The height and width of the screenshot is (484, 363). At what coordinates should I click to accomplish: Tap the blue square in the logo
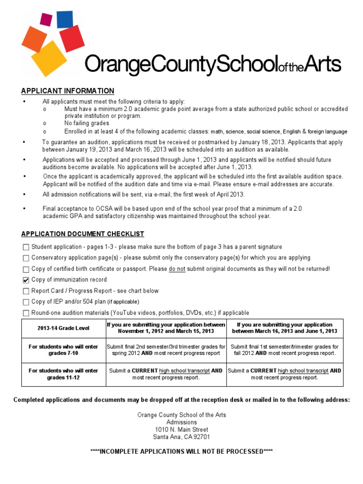tap(65, 19)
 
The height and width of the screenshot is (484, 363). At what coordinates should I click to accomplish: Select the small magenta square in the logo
tap(46, 19)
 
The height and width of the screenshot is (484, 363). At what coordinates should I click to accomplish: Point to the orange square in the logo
tap(34, 39)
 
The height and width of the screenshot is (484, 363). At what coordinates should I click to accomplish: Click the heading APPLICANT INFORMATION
tap(68, 91)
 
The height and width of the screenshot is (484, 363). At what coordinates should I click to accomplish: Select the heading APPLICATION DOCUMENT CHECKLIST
tap(83, 234)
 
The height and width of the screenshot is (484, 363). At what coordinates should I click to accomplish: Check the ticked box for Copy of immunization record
tap(26, 280)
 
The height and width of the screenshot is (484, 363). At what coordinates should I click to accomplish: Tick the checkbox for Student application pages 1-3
tap(26, 247)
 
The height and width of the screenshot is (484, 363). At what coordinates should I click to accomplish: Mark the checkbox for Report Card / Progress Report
tap(26, 291)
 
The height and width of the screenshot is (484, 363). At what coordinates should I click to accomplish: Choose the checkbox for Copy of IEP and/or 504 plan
tap(26, 302)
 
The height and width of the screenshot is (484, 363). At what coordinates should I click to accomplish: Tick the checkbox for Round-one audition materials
tap(26, 313)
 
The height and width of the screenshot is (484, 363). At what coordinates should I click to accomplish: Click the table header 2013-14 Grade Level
tap(63, 328)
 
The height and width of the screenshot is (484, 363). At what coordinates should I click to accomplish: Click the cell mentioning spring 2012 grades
tap(166, 350)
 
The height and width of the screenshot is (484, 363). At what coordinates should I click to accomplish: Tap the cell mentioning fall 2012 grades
tap(285, 350)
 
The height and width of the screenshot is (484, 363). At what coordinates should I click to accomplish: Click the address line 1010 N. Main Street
tap(181, 430)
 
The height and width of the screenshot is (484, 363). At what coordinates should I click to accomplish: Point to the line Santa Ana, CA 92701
tap(181, 437)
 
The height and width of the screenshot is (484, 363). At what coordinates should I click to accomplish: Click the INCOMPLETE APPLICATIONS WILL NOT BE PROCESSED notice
tap(181, 451)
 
